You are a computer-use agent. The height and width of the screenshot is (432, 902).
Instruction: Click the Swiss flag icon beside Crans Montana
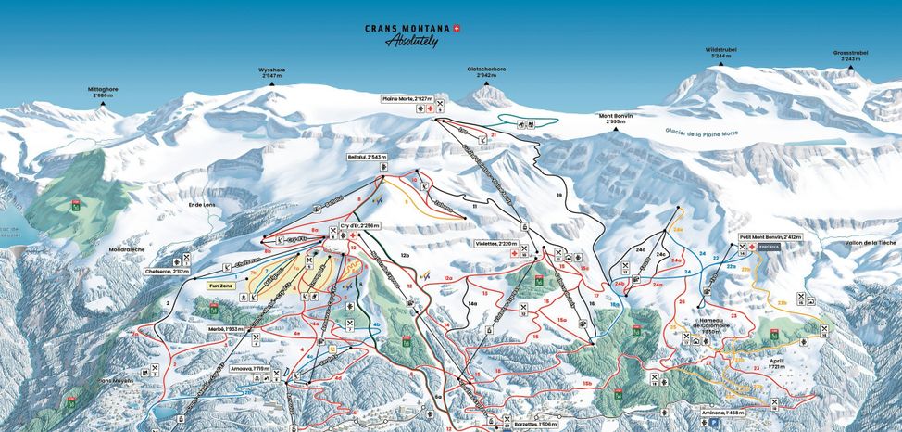click(x=457, y=28)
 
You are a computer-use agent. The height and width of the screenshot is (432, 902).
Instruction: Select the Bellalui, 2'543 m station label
click(x=368, y=158)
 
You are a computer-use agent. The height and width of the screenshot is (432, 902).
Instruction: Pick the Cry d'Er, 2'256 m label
click(x=359, y=225)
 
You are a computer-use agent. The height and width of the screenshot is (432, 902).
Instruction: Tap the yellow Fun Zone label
click(x=220, y=286)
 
